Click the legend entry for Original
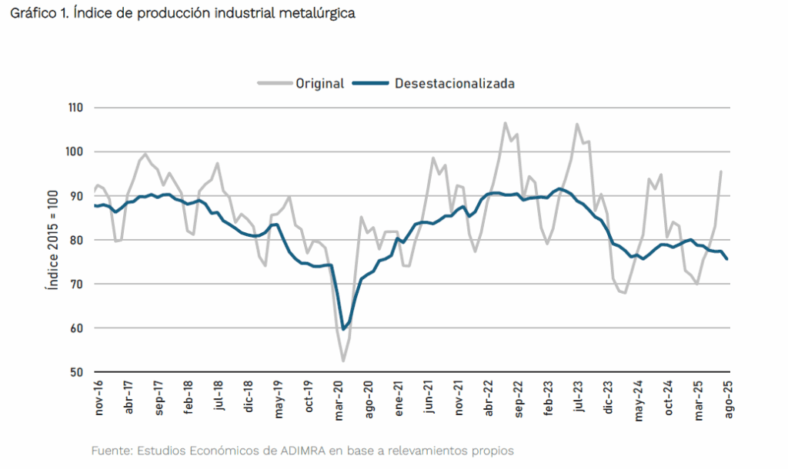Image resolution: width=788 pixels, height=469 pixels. point(319,84)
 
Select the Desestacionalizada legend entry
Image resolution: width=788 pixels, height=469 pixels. point(454,84)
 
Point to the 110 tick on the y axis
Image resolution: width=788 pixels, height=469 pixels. point(75,108)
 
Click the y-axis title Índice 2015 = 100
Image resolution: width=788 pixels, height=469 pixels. point(52,240)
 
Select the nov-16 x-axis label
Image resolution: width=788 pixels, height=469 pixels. point(99,399)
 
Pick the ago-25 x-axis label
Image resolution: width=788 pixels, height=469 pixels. point(729,399)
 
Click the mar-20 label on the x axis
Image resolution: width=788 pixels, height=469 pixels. point(339,399)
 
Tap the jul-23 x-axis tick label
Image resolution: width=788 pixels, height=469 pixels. point(579,397)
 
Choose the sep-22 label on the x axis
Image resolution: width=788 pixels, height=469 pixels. point(519,399)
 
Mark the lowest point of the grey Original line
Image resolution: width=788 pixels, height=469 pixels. point(343,361)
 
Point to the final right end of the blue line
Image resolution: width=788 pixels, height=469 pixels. point(727,259)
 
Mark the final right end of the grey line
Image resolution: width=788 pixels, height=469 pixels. point(721,171)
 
